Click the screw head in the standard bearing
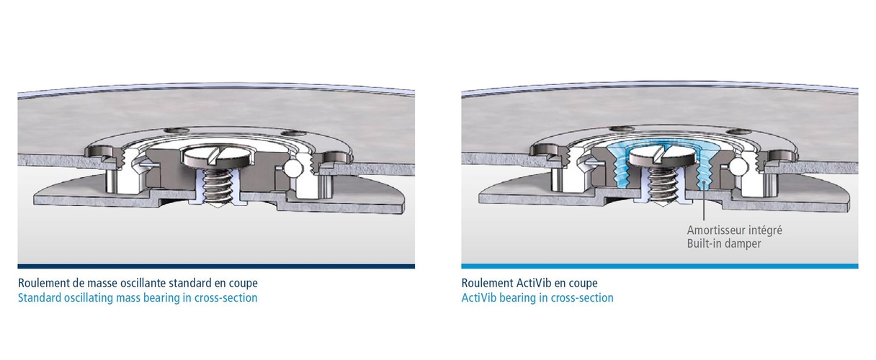[216, 157]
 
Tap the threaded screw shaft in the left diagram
[218, 186]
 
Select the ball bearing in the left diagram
[293, 168]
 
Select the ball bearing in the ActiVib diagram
[737, 167]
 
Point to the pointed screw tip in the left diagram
[218, 204]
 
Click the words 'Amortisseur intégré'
[734, 230]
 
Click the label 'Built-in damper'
[724, 243]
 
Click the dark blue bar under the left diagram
[216, 266]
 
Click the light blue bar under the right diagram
[660, 266]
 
